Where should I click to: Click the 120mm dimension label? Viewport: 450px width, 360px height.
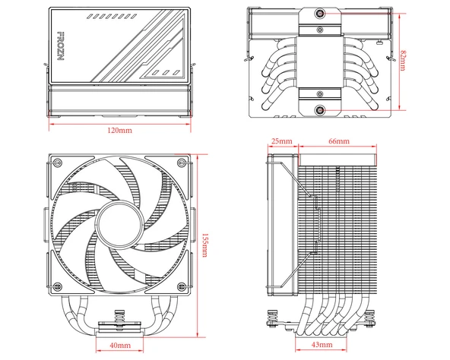click(x=119, y=131)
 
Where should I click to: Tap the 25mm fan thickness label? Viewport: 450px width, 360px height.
click(x=280, y=142)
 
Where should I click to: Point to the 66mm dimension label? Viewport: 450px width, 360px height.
click(x=338, y=142)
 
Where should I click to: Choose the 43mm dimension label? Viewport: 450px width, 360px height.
click(x=322, y=346)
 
